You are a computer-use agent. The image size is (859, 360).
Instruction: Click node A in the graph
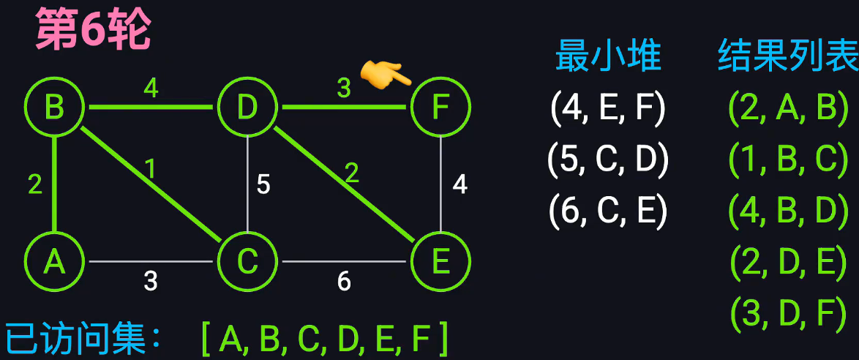coord(54,262)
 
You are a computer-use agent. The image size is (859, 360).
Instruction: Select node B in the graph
coord(54,108)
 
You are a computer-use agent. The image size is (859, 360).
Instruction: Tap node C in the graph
coord(247,262)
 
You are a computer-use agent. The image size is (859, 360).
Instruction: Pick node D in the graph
coord(247,108)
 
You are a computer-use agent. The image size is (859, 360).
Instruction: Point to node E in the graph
coord(440,262)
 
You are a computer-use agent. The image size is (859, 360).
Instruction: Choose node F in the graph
coord(440,108)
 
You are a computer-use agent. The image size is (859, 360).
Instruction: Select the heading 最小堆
coord(608,56)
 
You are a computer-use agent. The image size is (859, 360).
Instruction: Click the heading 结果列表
coord(788,56)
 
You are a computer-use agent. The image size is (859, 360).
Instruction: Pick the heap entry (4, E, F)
coord(608,108)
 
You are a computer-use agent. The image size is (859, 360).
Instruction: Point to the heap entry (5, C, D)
coord(608,160)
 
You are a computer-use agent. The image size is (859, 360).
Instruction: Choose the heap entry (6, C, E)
coord(608,211)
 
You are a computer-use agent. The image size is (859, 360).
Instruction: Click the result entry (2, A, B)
coord(788,108)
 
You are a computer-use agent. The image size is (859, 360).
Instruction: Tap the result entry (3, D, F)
coord(788,313)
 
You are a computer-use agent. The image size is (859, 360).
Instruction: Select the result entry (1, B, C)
coord(788,160)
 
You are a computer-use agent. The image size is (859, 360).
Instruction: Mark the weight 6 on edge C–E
coord(344,281)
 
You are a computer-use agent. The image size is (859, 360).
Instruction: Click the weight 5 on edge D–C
coord(263,184)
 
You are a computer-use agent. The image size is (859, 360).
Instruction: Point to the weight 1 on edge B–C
coord(150,170)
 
